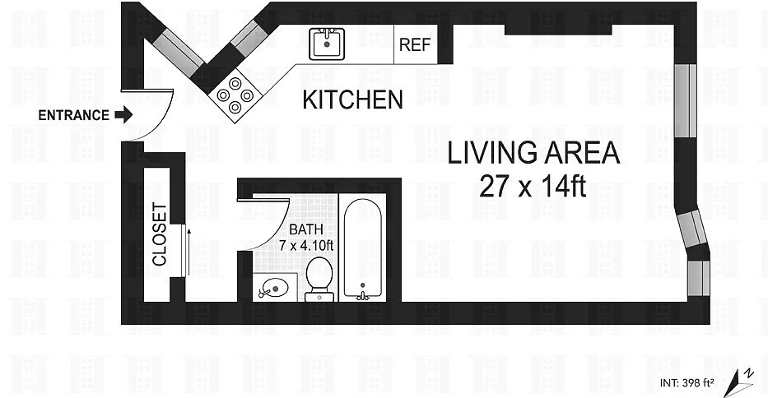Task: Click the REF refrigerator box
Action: tap(416, 44)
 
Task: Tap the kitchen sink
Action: tap(327, 44)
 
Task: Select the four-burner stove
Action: tap(235, 95)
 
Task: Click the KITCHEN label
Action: tap(352, 99)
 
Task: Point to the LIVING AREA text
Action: tap(533, 153)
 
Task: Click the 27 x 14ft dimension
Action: tap(533, 186)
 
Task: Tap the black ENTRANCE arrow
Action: tap(123, 114)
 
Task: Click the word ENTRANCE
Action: tap(73, 115)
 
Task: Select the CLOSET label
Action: tap(160, 234)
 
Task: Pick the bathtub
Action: tap(362, 248)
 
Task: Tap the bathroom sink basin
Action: tap(274, 288)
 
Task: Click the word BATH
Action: tap(306, 229)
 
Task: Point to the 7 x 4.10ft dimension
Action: tap(306, 245)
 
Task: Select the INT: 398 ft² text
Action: tap(687, 383)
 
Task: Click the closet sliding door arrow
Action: tap(189, 251)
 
